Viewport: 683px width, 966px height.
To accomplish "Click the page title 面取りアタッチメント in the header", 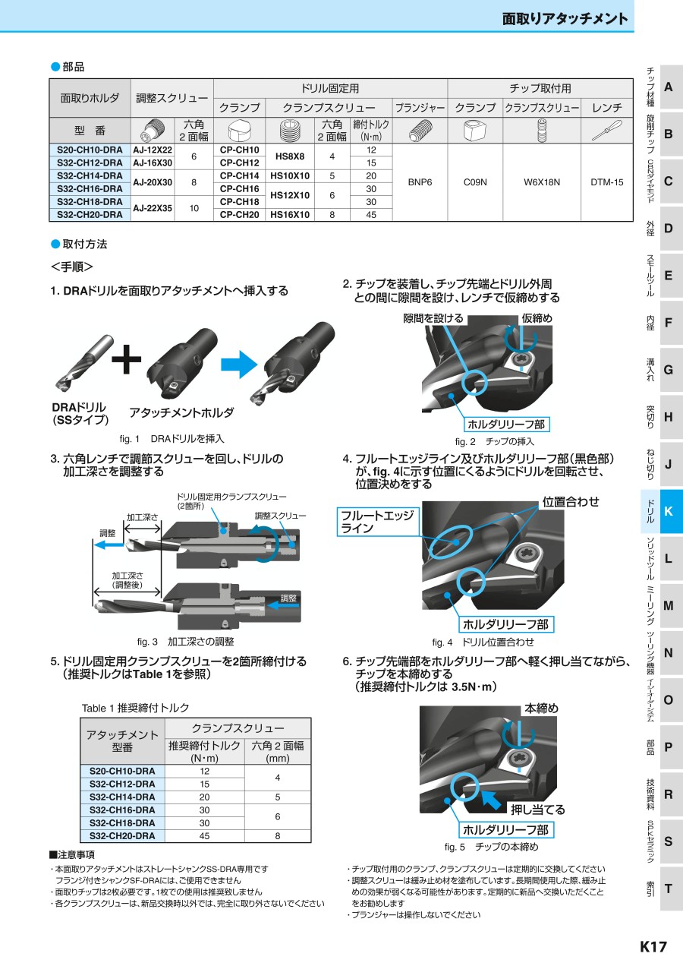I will (x=565, y=18).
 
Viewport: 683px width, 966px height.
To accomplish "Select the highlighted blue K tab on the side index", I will (x=668, y=511).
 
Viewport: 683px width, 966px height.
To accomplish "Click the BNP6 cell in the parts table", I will (x=419, y=182).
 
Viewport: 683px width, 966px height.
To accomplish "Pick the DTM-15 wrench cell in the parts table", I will (x=606, y=182).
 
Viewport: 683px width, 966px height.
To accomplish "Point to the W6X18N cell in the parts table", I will (x=541, y=182).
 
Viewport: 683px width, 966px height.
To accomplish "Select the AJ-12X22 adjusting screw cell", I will (x=153, y=150).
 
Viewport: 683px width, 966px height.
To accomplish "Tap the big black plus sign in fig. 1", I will (x=127, y=361).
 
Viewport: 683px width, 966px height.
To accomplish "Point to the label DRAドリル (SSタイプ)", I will (x=79, y=414).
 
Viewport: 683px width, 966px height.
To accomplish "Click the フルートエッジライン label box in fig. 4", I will (x=377, y=522).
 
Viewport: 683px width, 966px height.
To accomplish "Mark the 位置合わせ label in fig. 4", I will (x=571, y=501).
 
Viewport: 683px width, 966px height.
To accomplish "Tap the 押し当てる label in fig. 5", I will (x=537, y=810).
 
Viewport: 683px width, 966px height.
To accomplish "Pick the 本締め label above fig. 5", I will (x=541, y=708).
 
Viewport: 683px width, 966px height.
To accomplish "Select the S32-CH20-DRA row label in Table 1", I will (x=122, y=835).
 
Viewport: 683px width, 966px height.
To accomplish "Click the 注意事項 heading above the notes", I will (x=73, y=854).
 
